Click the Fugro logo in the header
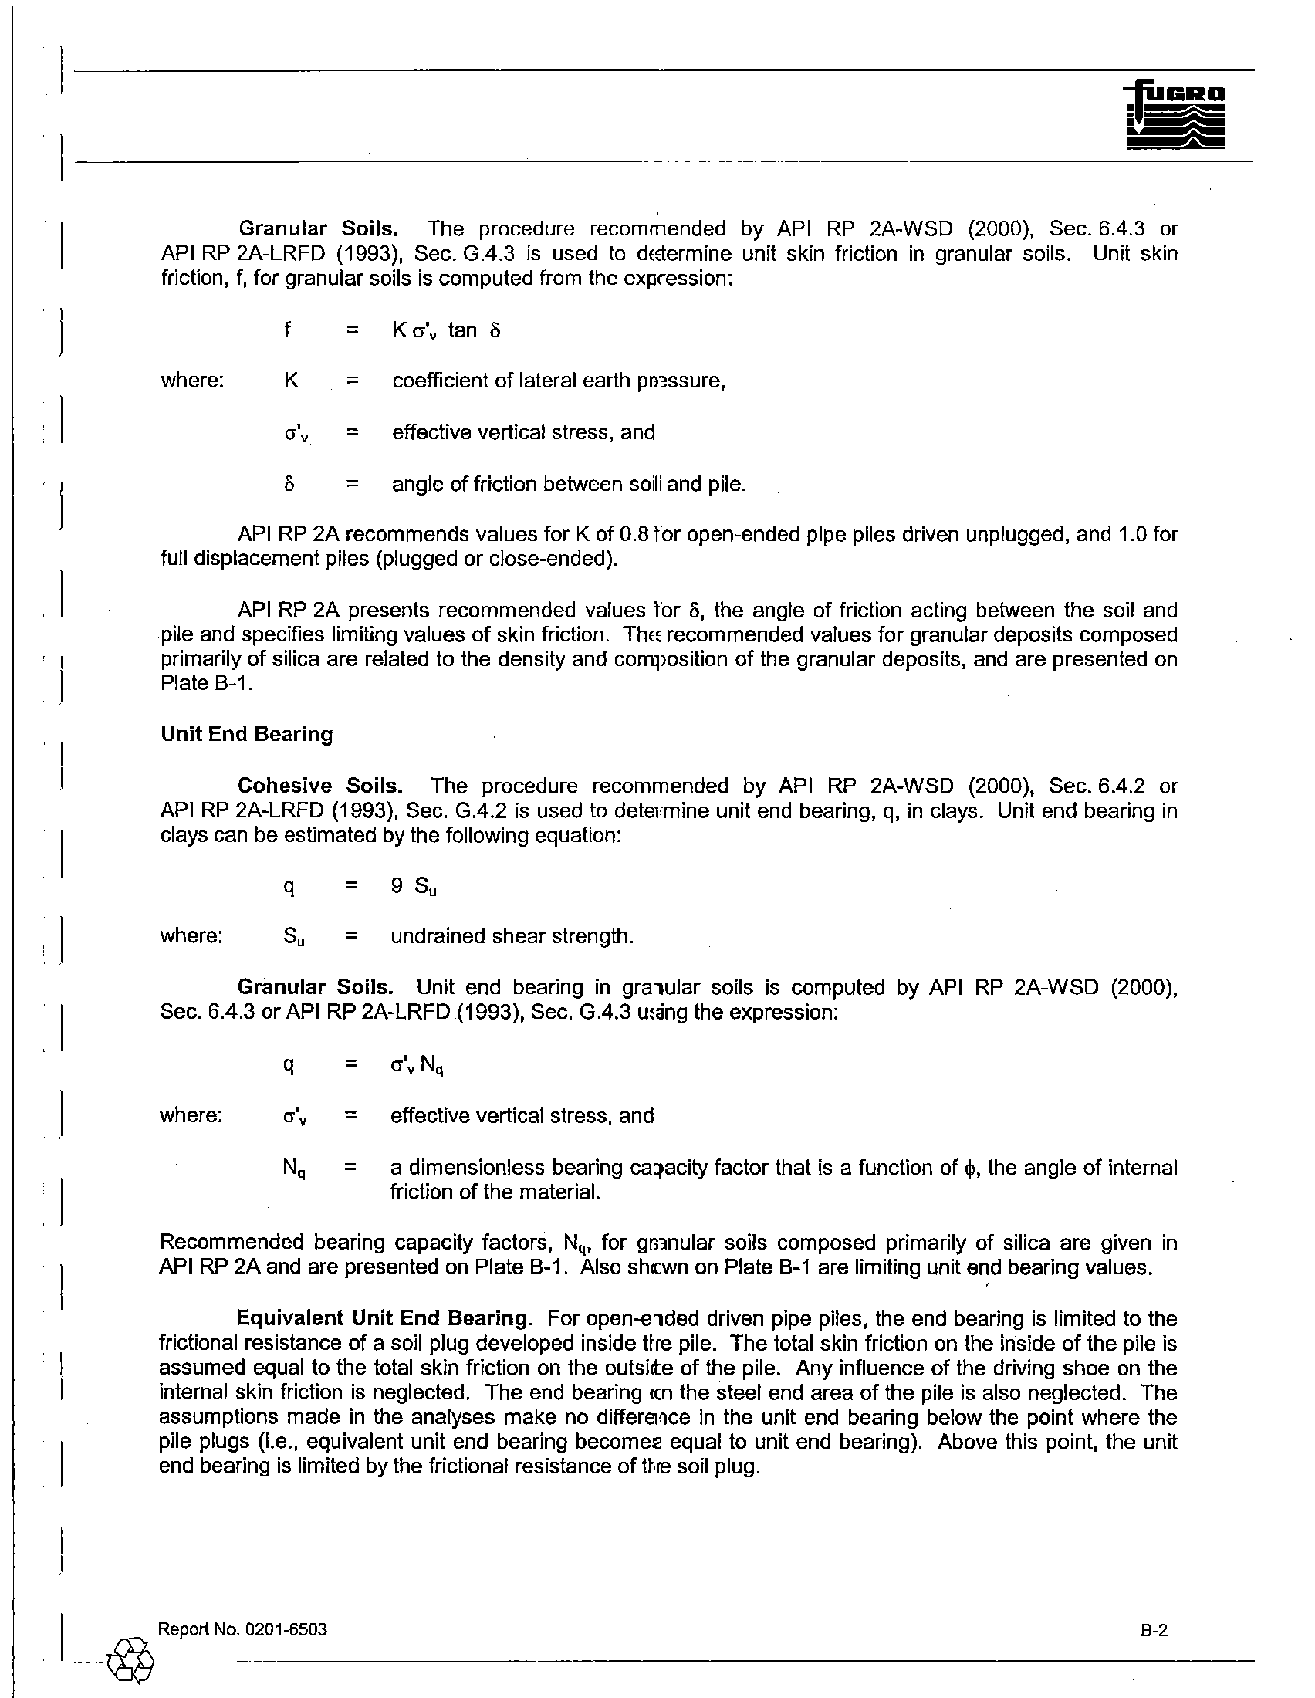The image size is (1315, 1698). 1175,116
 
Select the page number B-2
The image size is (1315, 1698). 1155,1629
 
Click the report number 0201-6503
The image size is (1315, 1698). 286,1629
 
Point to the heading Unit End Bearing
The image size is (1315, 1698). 246,734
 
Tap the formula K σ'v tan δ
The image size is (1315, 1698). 446,330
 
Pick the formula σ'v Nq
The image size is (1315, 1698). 417,1064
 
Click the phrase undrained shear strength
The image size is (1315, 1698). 512,936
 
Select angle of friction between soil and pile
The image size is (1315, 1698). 569,485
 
